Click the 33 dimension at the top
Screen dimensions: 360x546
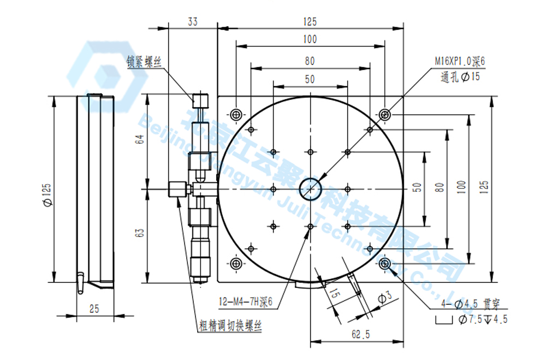pyautogui.click(x=192, y=22)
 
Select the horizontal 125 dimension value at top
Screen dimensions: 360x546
pyautogui.click(x=310, y=22)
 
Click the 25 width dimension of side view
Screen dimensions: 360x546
pyautogui.click(x=94, y=309)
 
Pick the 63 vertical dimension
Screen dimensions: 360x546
pyautogui.click(x=140, y=233)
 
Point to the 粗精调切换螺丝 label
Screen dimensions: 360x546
pyautogui.click(x=230, y=327)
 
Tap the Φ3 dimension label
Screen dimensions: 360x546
pyautogui.click(x=385, y=297)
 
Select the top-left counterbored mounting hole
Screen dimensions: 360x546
pyautogui.click(x=236, y=114)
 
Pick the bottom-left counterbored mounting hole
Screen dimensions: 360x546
pyautogui.click(x=236, y=264)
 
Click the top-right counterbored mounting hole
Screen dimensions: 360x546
pyautogui.click(x=385, y=114)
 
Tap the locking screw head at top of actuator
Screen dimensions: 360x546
pyautogui.click(x=200, y=101)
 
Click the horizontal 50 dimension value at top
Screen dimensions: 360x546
pyautogui.click(x=310, y=79)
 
